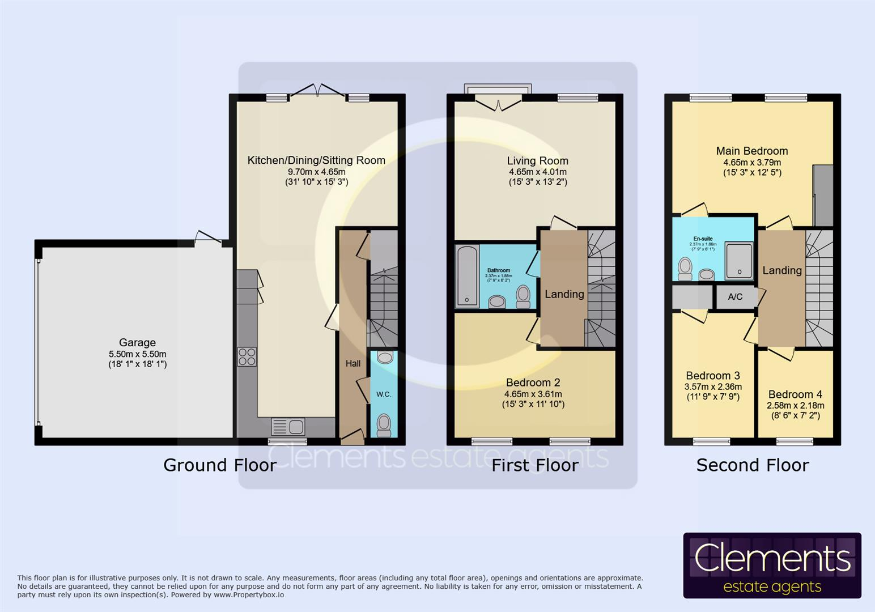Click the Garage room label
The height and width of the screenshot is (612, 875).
[x=137, y=342]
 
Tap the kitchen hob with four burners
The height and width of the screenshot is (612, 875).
[x=247, y=356]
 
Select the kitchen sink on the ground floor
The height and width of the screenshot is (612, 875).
[x=288, y=426]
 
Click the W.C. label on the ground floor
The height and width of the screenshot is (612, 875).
[x=384, y=394]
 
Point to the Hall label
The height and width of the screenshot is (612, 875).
[x=353, y=363]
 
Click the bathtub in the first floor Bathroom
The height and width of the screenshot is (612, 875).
[x=468, y=276]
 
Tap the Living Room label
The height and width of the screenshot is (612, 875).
[x=537, y=161]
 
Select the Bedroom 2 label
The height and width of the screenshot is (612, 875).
[x=533, y=382]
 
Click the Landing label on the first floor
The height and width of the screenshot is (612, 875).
[x=564, y=294]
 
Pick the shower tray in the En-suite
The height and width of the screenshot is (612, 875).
[x=739, y=261]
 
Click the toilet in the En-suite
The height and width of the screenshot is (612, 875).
[x=685, y=269]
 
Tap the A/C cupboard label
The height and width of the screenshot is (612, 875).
[x=735, y=296]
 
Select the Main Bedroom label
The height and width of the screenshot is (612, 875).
[x=751, y=151]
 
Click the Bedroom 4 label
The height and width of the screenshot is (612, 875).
[x=795, y=394]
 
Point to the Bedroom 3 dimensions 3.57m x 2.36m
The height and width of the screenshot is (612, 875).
[x=712, y=386]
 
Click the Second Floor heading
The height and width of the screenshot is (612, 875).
[x=752, y=465]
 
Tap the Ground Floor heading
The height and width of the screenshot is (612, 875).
[x=220, y=465]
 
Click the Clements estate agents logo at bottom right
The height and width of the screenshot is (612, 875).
[x=772, y=565]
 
